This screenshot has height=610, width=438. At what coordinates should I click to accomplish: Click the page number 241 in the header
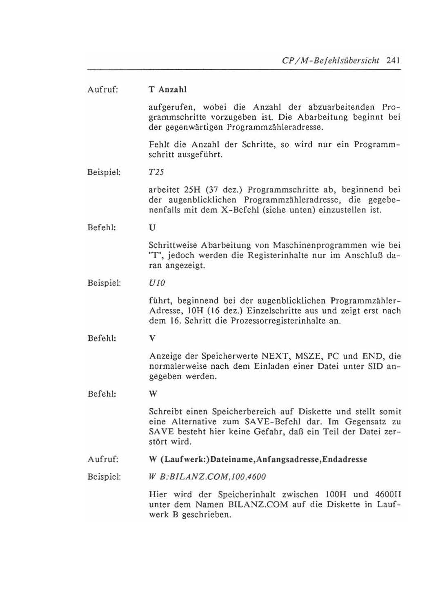click(392, 61)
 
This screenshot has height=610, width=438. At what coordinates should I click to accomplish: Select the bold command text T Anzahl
click(168, 89)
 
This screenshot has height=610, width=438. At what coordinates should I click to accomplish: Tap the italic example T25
click(156, 172)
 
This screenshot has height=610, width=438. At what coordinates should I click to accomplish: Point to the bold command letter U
click(152, 227)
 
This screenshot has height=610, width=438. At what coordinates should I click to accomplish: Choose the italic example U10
click(157, 283)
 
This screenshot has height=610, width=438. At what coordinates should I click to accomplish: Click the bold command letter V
click(152, 339)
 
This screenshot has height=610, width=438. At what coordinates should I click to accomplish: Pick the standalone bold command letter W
click(153, 394)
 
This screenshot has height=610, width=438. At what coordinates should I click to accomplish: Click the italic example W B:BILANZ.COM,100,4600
click(207, 477)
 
